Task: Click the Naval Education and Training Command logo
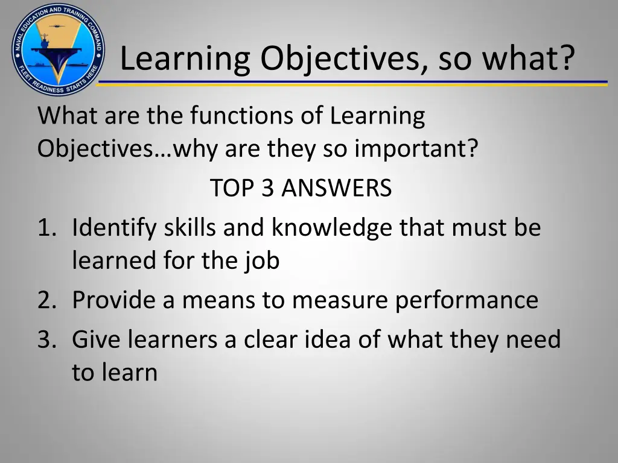point(57,48)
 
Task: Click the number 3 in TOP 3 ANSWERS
point(267,189)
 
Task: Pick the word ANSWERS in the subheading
point(336,189)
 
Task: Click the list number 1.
point(45,228)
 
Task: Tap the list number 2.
point(45,300)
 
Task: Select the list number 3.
point(45,339)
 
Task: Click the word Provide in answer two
point(113,300)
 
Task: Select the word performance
point(467,300)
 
